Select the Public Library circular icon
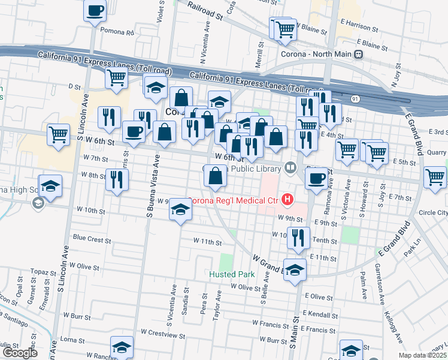[291, 167]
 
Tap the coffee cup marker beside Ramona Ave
[316, 178]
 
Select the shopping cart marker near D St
[116, 77]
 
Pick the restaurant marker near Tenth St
[297, 237]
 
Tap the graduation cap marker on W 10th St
[179, 209]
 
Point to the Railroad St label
[205, 10]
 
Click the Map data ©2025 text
[422, 355]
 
